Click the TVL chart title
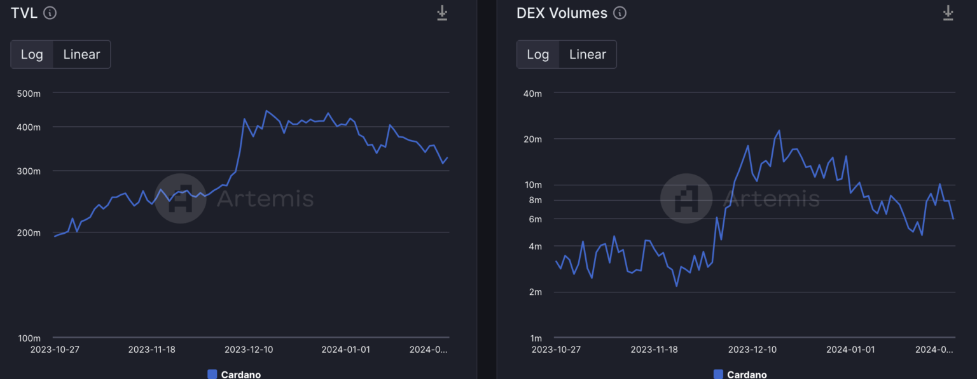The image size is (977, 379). tap(24, 13)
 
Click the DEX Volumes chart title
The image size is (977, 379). tap(562, 13)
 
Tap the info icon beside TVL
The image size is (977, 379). tap(50, 13)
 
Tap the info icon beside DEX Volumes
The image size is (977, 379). tap(620, 13)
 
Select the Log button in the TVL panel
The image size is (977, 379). tap(32, 54)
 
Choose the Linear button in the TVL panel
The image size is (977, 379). tap(81, 54)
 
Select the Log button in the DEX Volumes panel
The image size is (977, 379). tap(537, 54)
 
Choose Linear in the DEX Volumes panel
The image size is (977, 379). tap(587, 54)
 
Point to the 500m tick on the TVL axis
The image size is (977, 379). tap(29, 94)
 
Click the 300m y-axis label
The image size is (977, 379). tap(29, 171)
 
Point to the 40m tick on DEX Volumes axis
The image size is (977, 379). tap(532, 94)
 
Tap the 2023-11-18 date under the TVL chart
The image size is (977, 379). tap(151, 350)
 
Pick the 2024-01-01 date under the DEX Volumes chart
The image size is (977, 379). tap(850, 350)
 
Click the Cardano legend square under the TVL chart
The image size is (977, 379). tap(212, 374)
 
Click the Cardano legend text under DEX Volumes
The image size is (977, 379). tap(747, 375)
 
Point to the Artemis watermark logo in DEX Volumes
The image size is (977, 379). tap(686, 199)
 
